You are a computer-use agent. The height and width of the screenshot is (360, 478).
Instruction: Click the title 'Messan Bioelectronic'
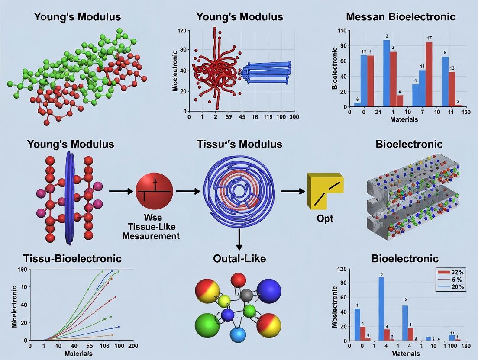coord(400,17)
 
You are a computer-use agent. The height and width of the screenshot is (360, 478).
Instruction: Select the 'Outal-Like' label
coord(239,259)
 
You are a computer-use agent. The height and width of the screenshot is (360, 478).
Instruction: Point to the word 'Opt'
coord(325,219)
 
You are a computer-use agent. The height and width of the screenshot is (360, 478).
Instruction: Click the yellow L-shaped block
coord(323,190)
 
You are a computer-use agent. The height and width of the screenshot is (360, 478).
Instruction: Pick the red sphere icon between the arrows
coord(154,190)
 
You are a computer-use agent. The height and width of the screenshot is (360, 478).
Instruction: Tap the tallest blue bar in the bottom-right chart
coord(381,309)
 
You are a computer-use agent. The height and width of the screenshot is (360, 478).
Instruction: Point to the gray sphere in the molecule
coord(246,296)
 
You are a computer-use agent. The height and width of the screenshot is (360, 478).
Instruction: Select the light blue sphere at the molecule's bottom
coord(238,334)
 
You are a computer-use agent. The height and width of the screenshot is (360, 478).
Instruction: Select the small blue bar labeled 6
coord(357,104)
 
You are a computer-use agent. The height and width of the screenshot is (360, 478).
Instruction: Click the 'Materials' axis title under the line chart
coord(78,354)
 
